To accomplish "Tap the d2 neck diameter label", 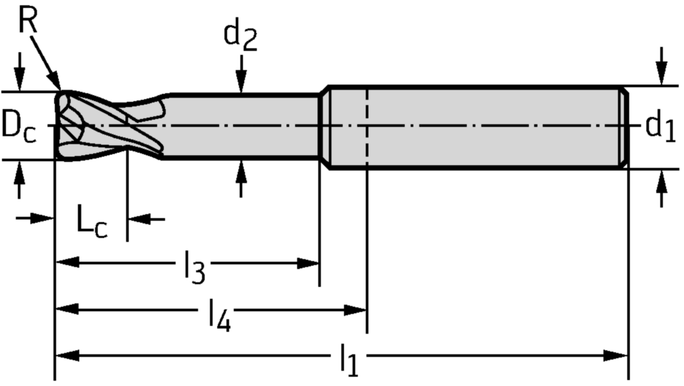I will click(x=240, y=37).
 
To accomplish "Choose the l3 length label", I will click(x=194, y=267).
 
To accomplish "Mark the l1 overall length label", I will click(x=349, y=361).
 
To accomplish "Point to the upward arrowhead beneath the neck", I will click(x=241, y=170).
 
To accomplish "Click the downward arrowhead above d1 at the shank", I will click(x=661, y=75).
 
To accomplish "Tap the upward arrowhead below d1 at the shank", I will click(x=661, y=180).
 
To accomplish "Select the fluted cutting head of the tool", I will click(x=107, y=125).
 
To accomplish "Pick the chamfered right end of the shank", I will click(x=624, y=127).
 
